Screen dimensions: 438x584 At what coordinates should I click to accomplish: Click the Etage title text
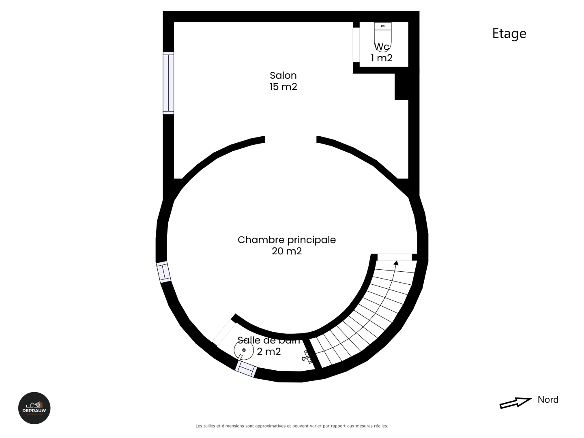(509, 34)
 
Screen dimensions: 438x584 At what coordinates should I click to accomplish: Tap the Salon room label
(283, 75)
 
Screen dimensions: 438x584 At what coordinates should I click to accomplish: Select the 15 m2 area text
(283, 87)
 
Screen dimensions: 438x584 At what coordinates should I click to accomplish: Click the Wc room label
(382, 47)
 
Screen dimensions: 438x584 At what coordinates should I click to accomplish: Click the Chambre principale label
(287, 240)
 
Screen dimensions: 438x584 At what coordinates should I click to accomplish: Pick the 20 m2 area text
(287, 251)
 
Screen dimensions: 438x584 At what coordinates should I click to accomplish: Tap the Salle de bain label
(268, 340)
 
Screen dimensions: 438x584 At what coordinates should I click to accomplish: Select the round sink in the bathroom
(244, 350)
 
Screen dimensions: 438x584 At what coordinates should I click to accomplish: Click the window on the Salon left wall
(168, 83)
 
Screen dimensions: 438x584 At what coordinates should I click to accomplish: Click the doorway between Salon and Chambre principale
(290, 140)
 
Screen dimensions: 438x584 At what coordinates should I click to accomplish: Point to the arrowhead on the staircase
(396, 263)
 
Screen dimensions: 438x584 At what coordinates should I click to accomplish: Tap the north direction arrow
(515, 402)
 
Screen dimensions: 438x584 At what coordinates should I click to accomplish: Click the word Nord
(548, 400)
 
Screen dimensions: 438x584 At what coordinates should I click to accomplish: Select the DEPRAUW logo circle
(34, 408)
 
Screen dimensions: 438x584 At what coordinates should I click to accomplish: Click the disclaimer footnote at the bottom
(292, 426)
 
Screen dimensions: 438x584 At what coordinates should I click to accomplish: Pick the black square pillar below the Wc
(401, 87)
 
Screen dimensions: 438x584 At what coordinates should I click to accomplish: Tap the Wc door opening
(356, 45)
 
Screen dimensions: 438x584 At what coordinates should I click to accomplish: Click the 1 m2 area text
(382, 58)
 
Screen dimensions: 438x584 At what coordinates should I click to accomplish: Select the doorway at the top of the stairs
(394, 257)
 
